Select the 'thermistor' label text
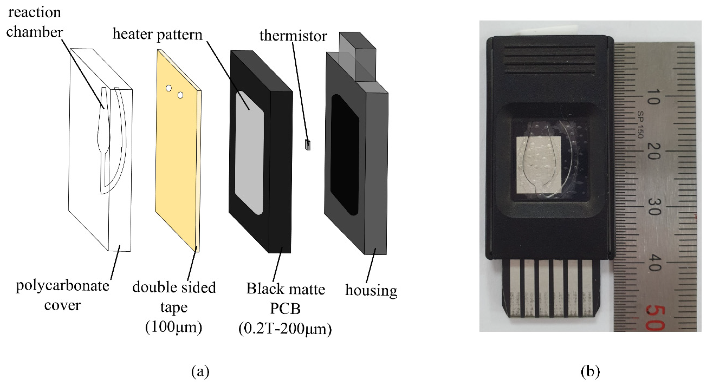[x=293, y=36]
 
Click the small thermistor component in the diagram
[x=308, y=145]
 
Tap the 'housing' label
[x=371, y=291]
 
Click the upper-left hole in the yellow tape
[x=169, y=88]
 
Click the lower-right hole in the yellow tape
[x=180, y=95]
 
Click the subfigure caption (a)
[x=200, y=371]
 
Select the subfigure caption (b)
[x=590, y=371]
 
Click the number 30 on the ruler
[x=654, y=207]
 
